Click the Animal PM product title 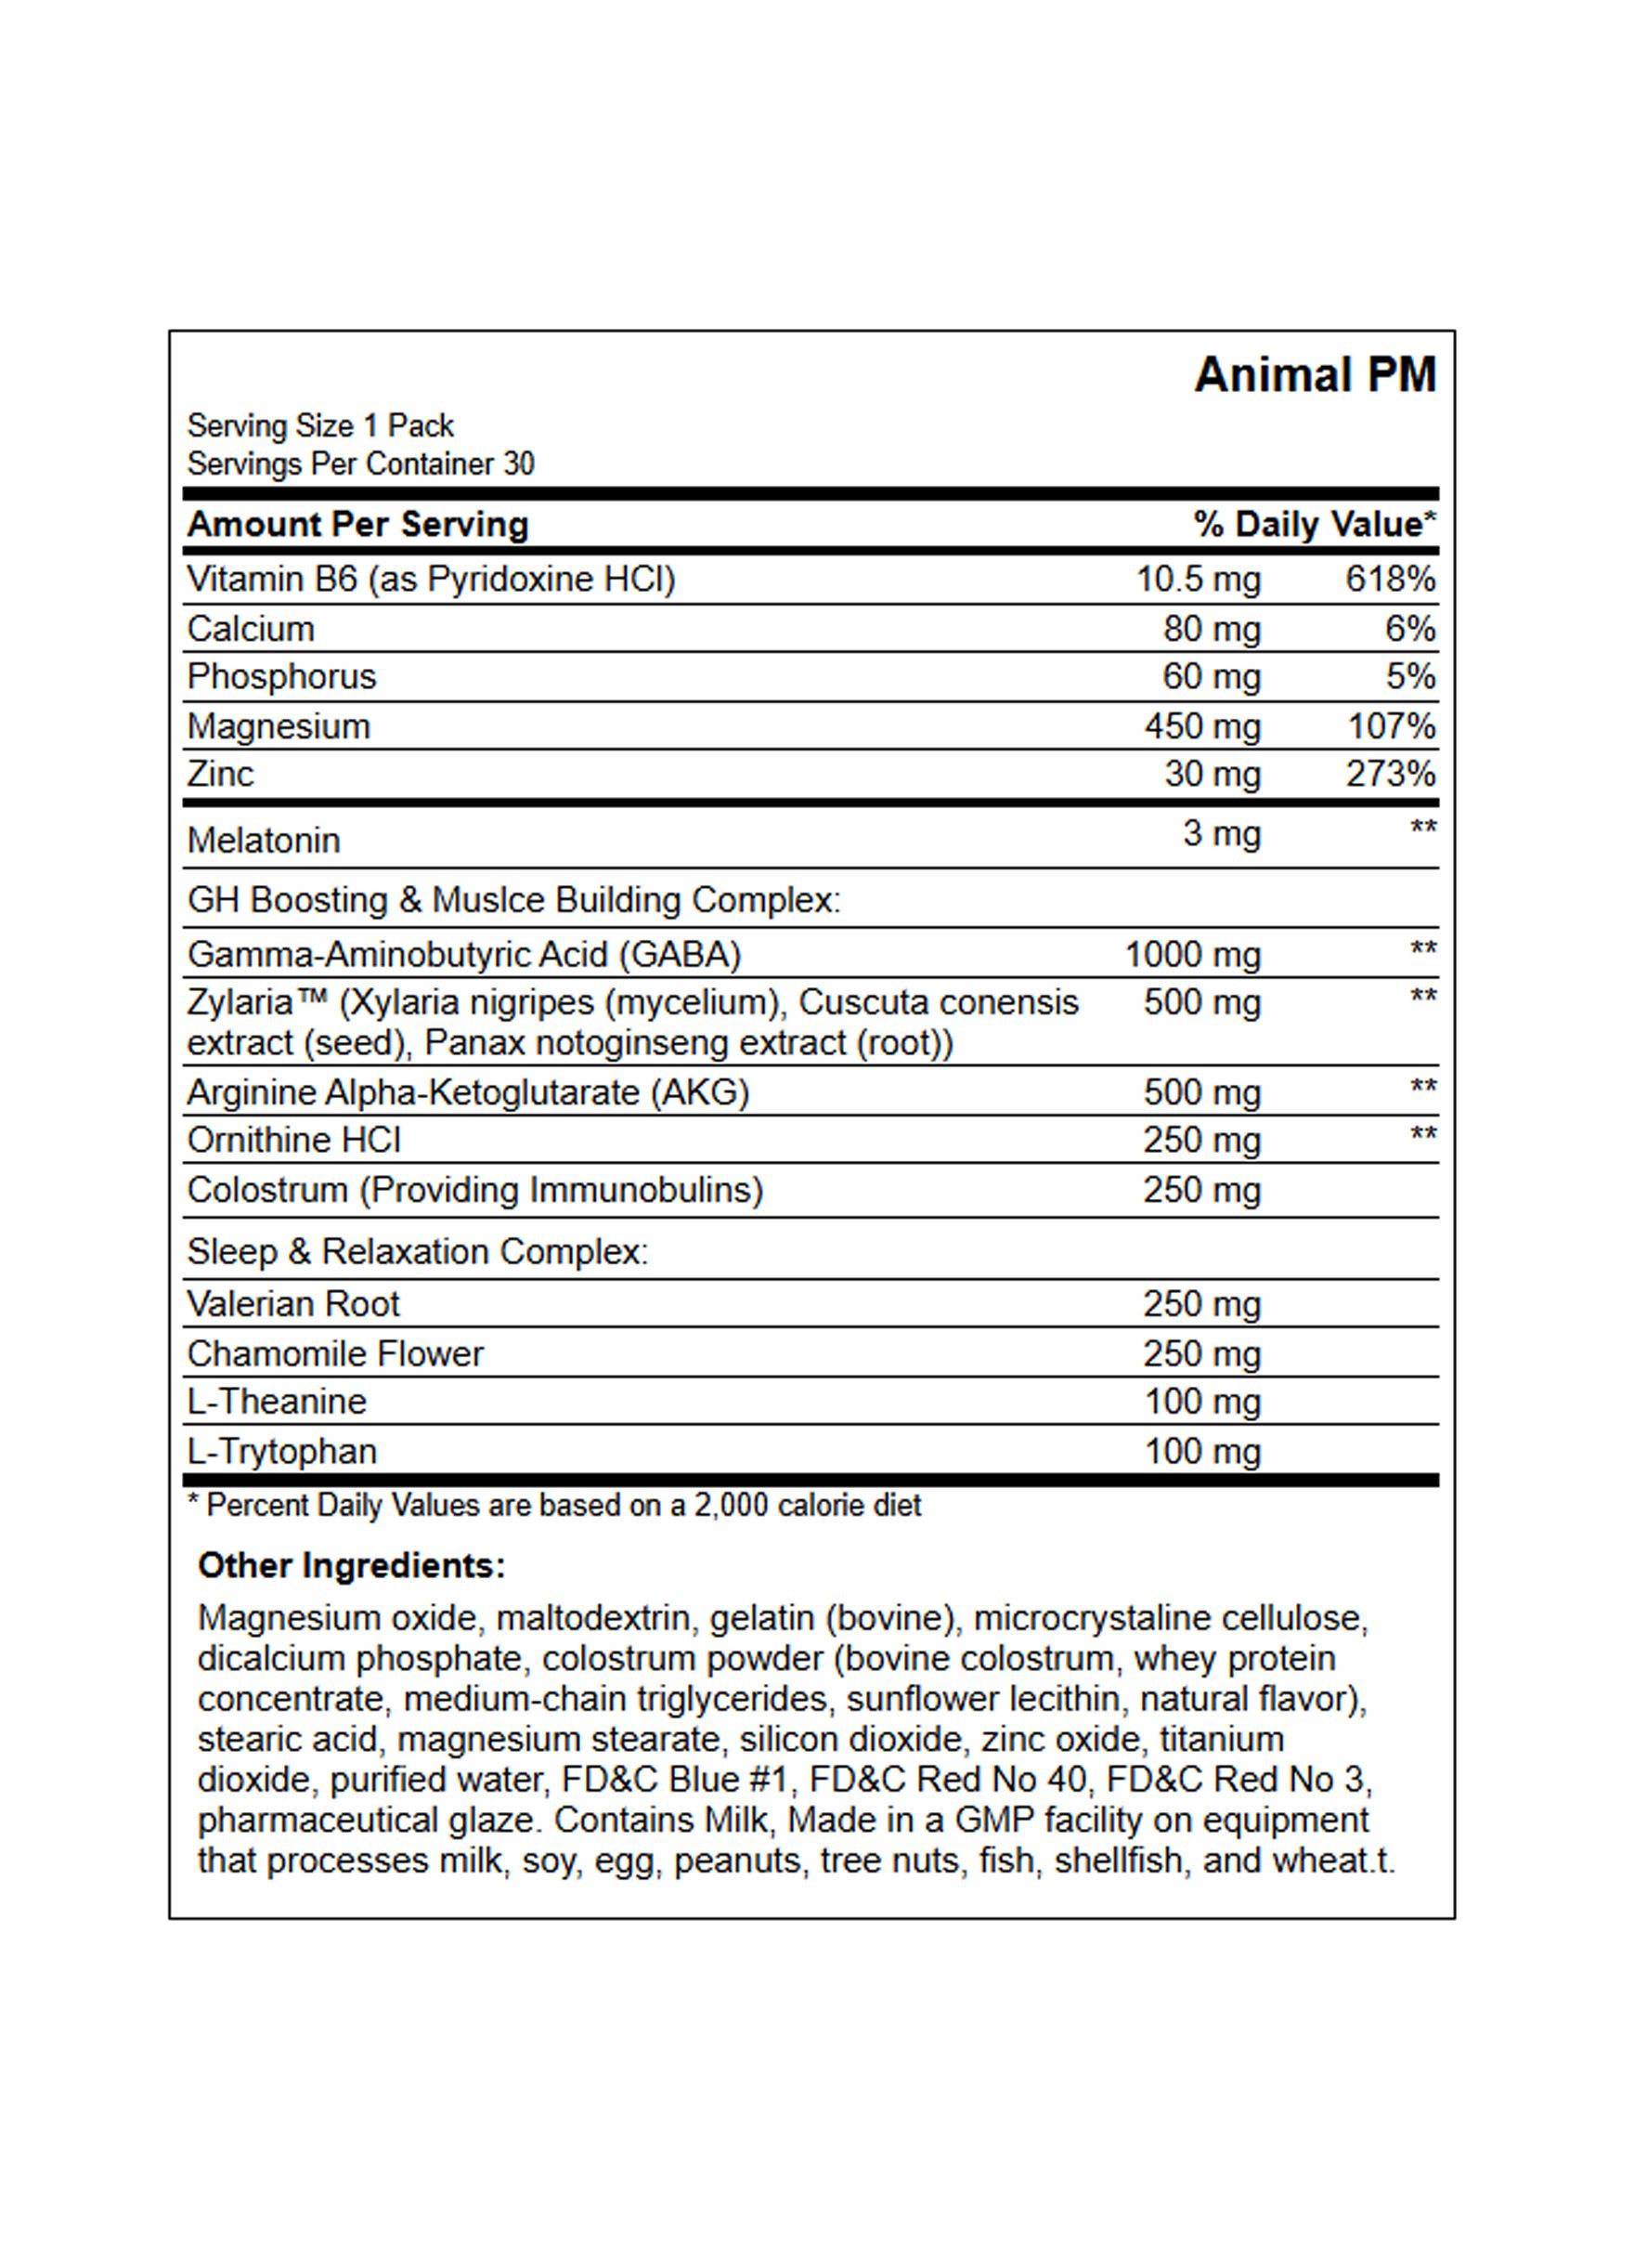(1315, 376)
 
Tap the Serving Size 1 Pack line (319, 426)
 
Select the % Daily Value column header (1315, 525)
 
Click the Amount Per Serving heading (357, 525)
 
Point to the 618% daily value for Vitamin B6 (1390, 579)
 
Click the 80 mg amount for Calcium (1211, 630)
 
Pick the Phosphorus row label (282, 677)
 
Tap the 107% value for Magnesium (1390, 727)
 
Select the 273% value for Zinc (1390, 774)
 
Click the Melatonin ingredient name (264, 841)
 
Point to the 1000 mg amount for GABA (1192, 955)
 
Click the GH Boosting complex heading (513, 900)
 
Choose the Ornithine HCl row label (293, 1140)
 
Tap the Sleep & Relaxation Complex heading (417, 1252)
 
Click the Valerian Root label (292, 1304)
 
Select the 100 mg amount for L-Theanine (1202, 1403)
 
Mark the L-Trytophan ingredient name (282, 1451)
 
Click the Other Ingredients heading (352, 1566)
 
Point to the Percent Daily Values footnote (554, 1505)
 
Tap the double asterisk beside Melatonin (1423, 829)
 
